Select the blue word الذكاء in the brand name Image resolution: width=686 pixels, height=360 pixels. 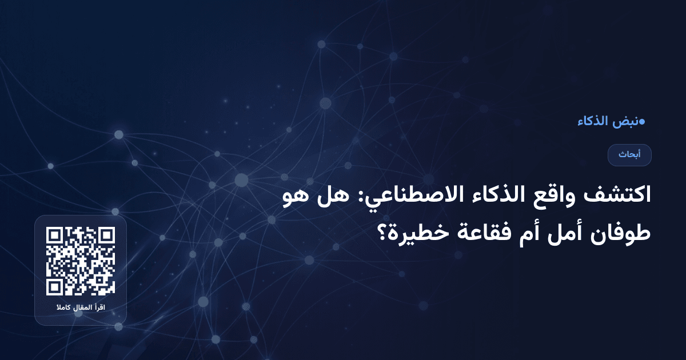coord(592,121)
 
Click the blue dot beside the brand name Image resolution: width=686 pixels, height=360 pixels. coord(642,121)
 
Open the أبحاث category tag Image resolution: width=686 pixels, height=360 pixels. coord(629,155)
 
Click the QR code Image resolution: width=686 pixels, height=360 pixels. coord(81,261)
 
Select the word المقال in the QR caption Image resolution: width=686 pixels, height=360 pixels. coord(81,309)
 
